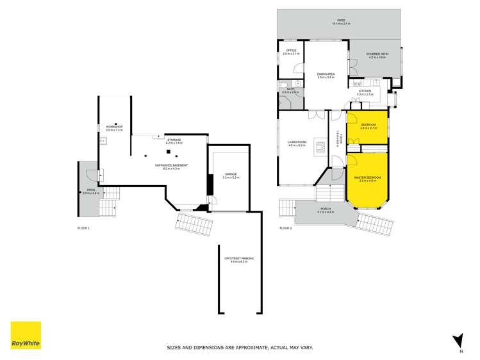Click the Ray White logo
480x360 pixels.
point(26,335)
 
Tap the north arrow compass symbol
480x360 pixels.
point(457,340)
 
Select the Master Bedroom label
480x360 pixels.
point(368,177)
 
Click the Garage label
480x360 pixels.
point(231,174)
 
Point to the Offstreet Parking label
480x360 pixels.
point(238,258)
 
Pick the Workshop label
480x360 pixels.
point(113,126)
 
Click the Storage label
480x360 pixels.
point(174,139)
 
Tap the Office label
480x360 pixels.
point(291,50)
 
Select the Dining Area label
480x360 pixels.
point(326,74)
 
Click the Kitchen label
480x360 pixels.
point(365,91)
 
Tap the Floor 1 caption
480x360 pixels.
point(84,228)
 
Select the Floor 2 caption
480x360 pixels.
point(286,228)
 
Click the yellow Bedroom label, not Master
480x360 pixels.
point(368,124)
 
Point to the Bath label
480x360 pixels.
point(290,89)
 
